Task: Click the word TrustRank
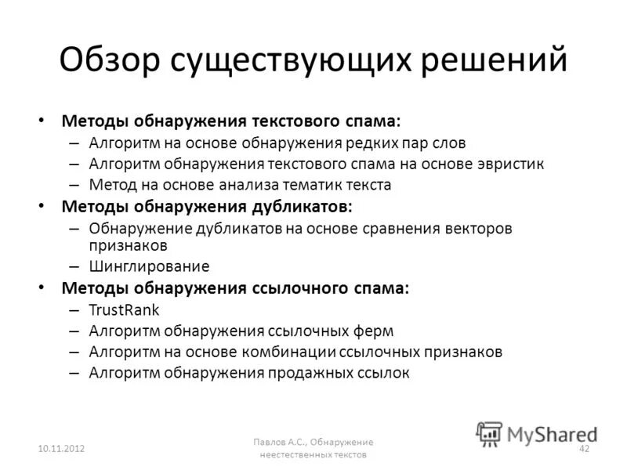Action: (125, 309)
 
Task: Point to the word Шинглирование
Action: (149, 266)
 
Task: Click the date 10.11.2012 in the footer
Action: (61, 447)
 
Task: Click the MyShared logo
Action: (537, 433)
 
